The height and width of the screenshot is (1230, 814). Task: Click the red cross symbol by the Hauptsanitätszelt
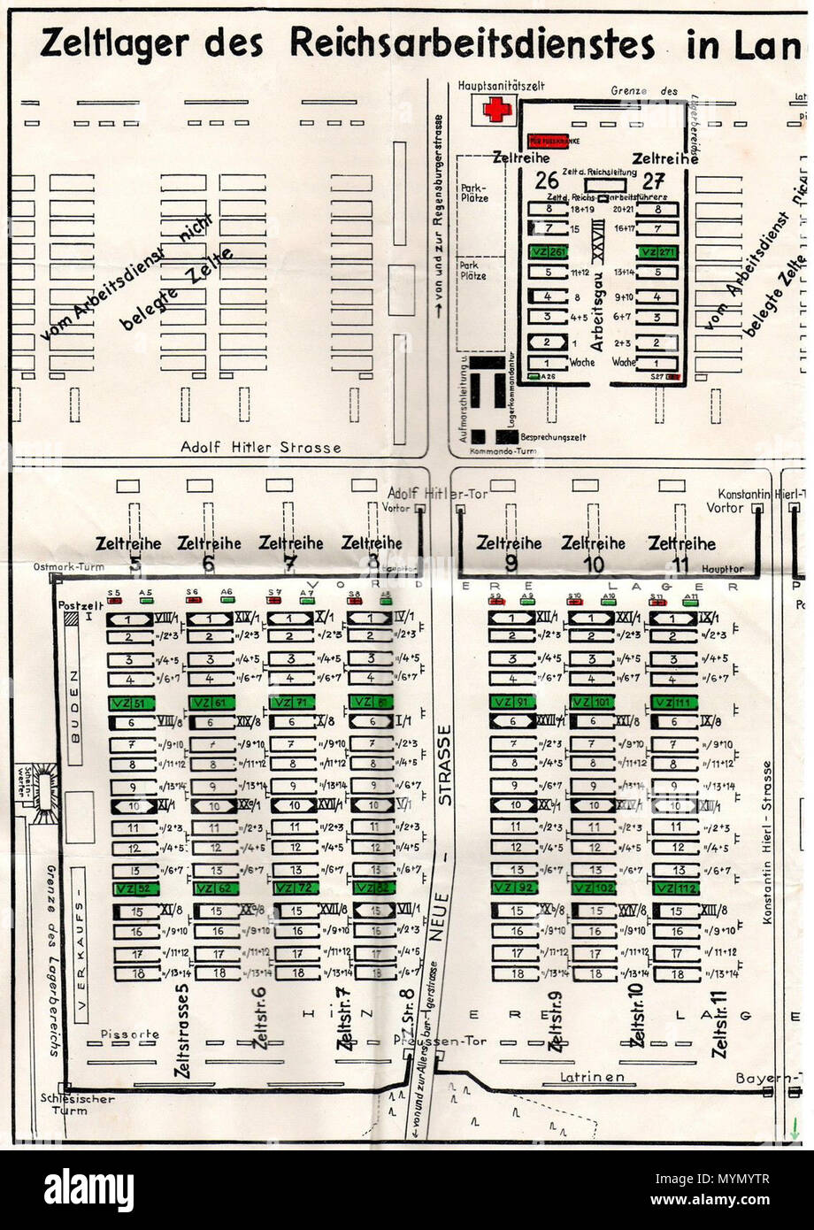(x=497, y=110)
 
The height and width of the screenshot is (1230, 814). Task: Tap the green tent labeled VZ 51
(x=132, y=702)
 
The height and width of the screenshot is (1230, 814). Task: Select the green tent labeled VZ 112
(x=675, y=888)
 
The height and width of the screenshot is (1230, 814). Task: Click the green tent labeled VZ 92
(x=513, y=888)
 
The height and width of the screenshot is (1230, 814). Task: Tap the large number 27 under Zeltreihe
(x=654, y=181)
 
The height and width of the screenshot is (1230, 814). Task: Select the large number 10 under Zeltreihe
(x=594, y=565)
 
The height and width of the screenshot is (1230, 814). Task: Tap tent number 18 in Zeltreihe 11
(x=677, y=973)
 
